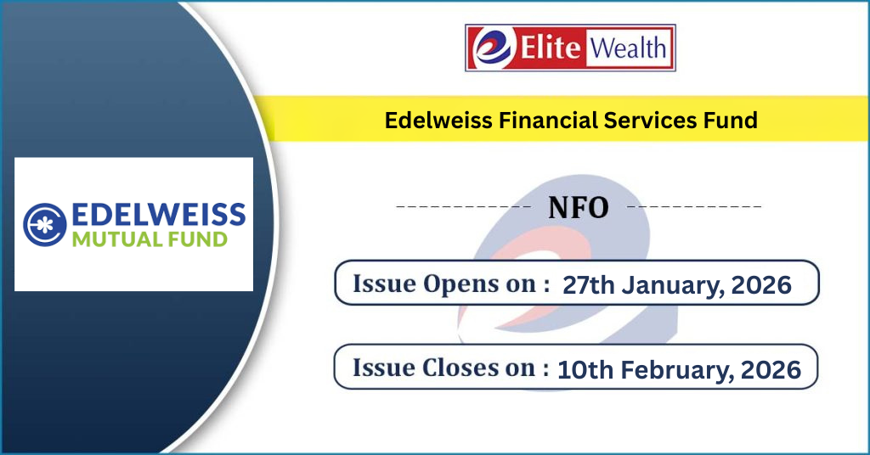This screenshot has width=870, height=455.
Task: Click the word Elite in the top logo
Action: pyautogui.click(x=550, y=47)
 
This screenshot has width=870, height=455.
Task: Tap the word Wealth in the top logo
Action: pyautogui.click(x=628, y=48)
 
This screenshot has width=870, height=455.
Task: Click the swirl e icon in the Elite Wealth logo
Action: pyautogui.click(x=492, y=48)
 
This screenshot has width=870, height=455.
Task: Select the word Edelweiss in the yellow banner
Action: pyautogui.click(x=438, y=121)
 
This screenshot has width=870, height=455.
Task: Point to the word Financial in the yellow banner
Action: pyautogui.click(x=548, y=121)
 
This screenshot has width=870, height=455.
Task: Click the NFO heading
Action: pyautogui.click(x=578, y=208)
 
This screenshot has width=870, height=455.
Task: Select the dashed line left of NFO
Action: pyautogui.click(x=463, y=207)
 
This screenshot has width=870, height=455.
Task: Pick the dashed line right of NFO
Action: pyautogui.click(x=694, y=207)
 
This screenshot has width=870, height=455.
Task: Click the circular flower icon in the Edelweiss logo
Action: pyautogui.click(x=44, y=224)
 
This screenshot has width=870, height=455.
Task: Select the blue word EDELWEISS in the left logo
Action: pyautogui.click(x=159, y=215)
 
